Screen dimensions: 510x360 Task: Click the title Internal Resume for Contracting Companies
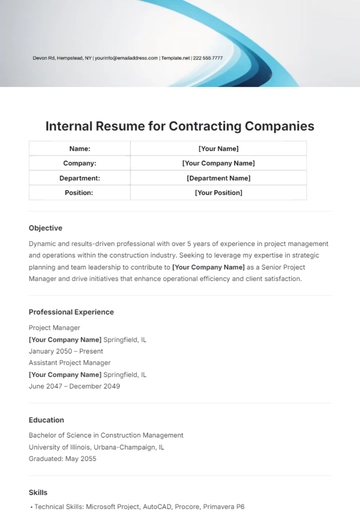(x=180, y=126)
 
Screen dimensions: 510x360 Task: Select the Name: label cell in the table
(x=79, y=148)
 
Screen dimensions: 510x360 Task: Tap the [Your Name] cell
(x=218, y=148)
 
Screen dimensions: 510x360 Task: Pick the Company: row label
(x=79, y=163)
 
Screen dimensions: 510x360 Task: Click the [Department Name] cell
(x=218, y=178)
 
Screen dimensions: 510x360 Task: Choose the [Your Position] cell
(x=218, y=193)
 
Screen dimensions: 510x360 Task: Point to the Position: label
(x=79, y=193)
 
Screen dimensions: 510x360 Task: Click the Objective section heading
(x=45, y=228)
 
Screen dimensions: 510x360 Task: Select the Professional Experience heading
(x=71, y=312)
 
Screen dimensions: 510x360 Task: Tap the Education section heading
(x=46, y=420)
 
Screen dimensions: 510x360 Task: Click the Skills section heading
(x=39, y=493)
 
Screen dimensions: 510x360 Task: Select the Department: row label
(x=79, y=178)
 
